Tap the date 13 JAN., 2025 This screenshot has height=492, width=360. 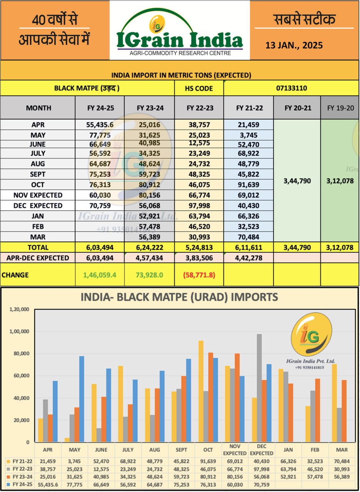pyautogui.click(x=294, y=45)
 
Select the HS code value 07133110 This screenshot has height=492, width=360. pyautogui.click(x=291, y=88)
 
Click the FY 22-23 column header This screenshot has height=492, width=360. pyautogui.click(x=199, y=108)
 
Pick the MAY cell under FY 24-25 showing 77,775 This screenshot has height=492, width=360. pyautogui.click(x=100, y=135)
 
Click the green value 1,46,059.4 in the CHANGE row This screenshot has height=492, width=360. pyautogui.click(x=100, y=275)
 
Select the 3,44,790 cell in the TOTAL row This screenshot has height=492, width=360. pyautogui.click(x=297, y=247)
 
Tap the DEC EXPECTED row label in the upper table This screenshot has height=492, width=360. pyautogui.click(x=38, y=206)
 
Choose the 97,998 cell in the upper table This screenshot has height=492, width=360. pyautogui.click(x=199, y=206)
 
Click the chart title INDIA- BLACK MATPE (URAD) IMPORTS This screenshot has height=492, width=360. pyautogui.click(x=179, y=297)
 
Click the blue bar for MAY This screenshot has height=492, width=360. pyautogui.click(x=82, y=399)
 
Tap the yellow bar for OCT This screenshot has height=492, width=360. pyautogui.click(x=200, y=391)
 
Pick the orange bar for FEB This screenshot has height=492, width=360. pyautogui.click(x=318, y=410)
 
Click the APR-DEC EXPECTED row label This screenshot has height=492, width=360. pyautogui.click(x=38, y=258)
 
